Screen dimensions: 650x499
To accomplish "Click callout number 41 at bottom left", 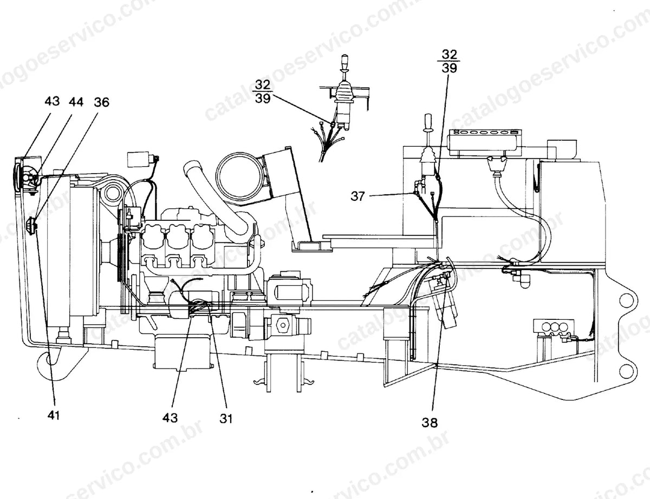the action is click(54, 415).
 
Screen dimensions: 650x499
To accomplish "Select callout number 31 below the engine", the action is click(226, 418).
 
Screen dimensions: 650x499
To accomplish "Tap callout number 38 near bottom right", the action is click(430, 423).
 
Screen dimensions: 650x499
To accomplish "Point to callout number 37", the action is click(357, 196).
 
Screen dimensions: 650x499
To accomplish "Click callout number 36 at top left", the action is click(102, 102).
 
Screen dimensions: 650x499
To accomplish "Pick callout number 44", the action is click(76, 102).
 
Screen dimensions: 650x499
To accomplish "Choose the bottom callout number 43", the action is click(170, 418).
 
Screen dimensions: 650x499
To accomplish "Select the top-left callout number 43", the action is click(52, 101).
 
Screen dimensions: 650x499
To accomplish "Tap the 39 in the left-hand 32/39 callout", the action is click(263, 98).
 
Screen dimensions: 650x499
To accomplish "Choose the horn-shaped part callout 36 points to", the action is click(30, 224).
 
